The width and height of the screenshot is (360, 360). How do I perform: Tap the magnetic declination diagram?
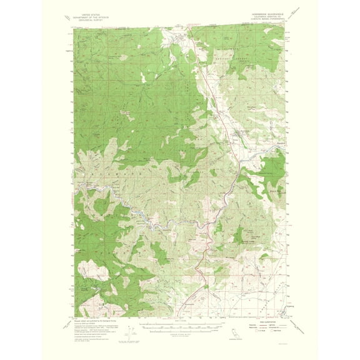pyautogui.click(x=127, y=331)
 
